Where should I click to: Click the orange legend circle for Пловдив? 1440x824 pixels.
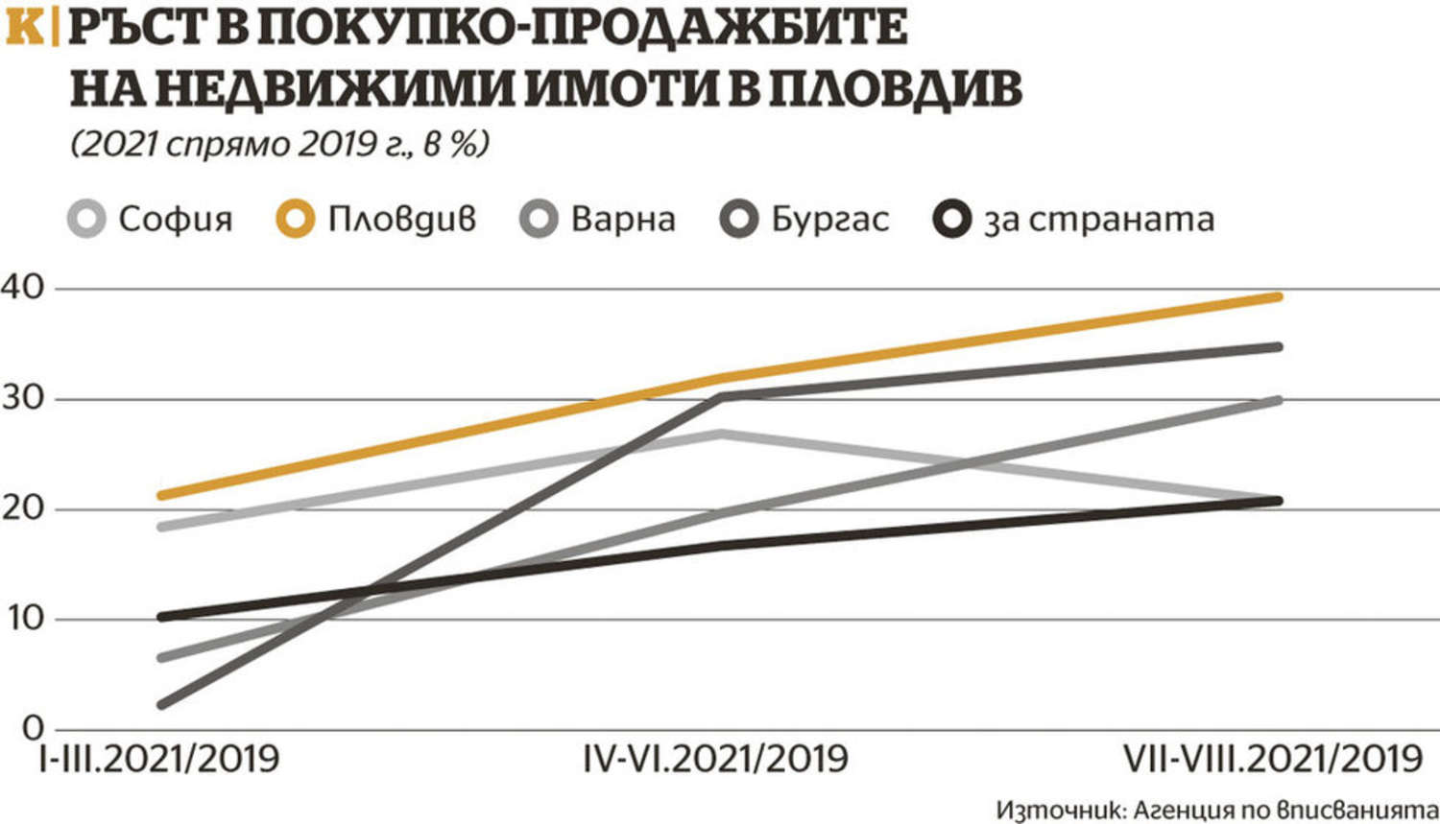pyautogui.click(x=295, y=219)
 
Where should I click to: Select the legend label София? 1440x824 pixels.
pyautogui.click(x=175, y=220)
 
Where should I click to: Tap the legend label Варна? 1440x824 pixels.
pyautogui.click(x=623, y=220)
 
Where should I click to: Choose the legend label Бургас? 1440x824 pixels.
pyautogui.click(x=830, y=220)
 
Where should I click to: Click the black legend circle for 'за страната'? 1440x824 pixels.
pyautogui.click(x=952, y=219)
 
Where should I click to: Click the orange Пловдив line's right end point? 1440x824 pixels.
pyautogui.click(x=1278, y=296)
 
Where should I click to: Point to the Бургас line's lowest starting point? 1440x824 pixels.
pyautogui.click(x=161, y=705)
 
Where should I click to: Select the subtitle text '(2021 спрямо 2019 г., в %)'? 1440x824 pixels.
pyautogui.click(x=279, y=145)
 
